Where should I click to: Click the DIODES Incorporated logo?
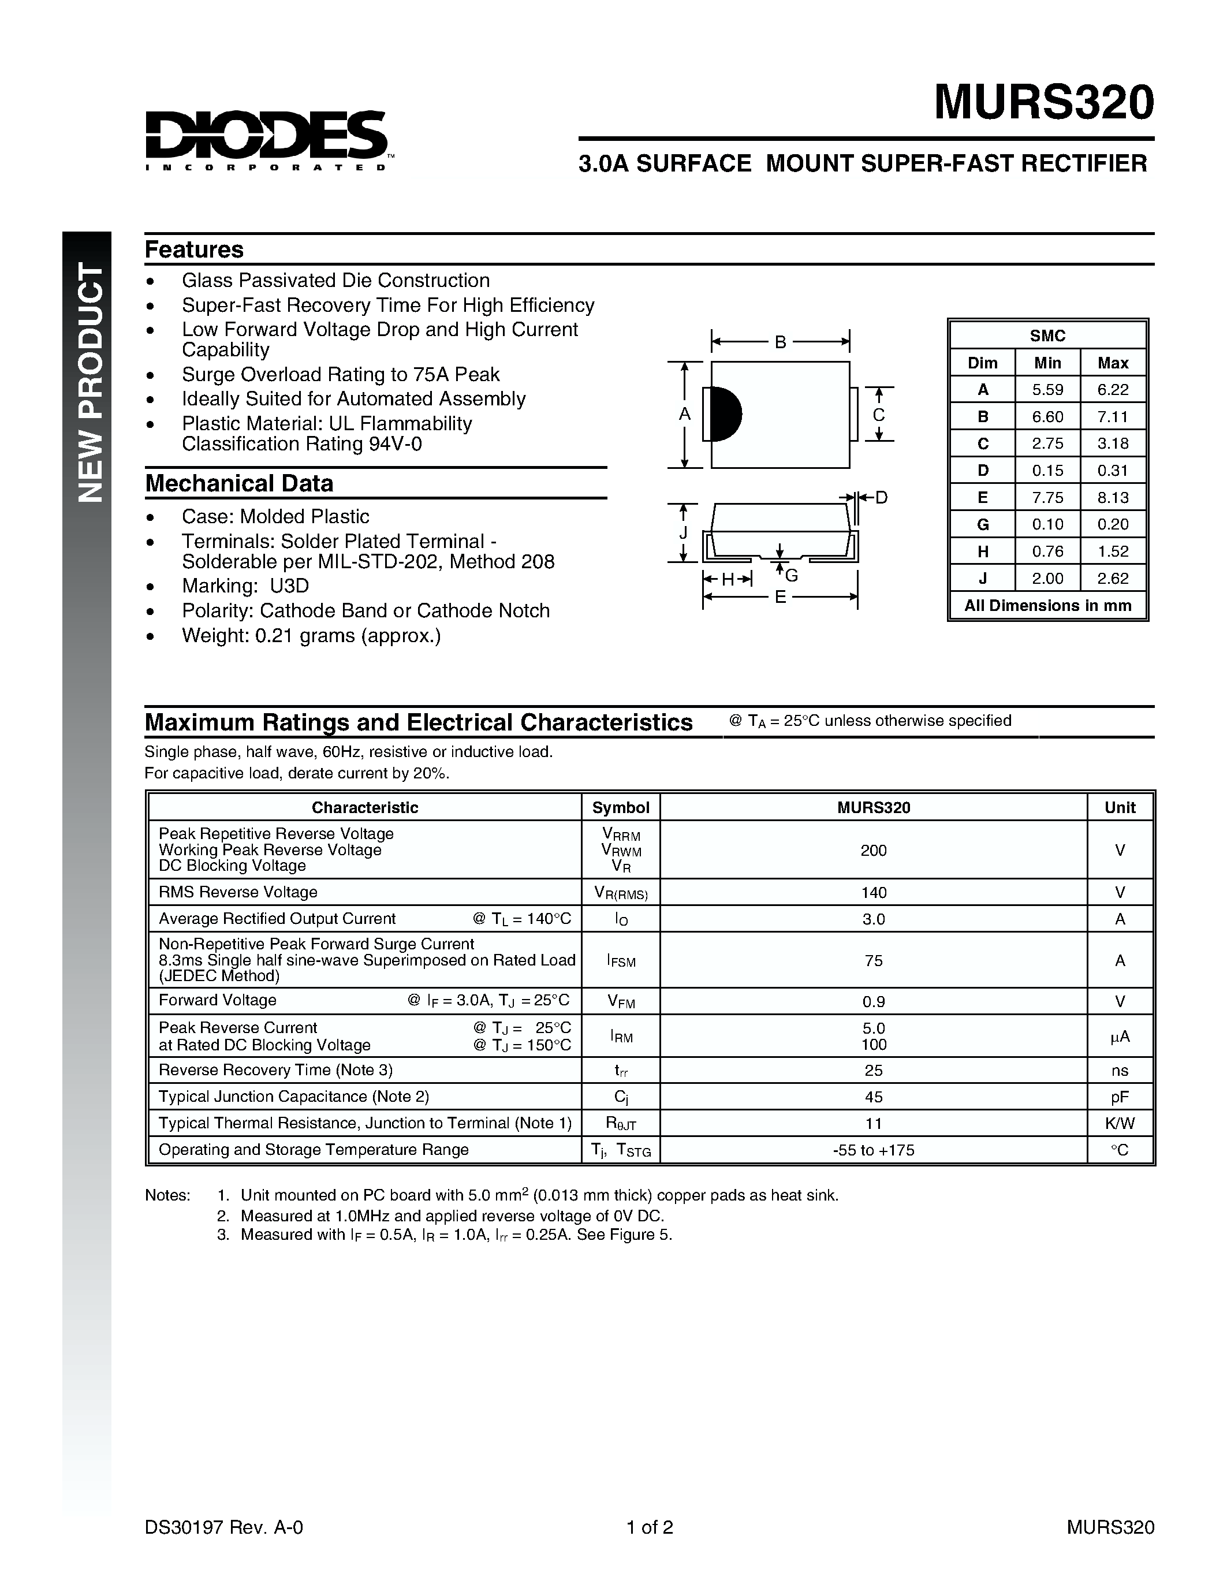(x=266, y=140)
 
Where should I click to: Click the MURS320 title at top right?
(x=1043, y=103)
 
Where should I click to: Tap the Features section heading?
(x=194, y=249)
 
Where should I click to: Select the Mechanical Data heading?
(x=239, y=483)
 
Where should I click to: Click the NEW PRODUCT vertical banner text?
(x=91, y=382)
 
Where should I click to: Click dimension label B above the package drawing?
(x=780, y=342)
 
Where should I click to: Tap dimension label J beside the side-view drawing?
(x=683, y=533)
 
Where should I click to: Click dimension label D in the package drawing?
(x=881, y=498)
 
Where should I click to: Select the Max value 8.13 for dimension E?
(x=1113, y=497)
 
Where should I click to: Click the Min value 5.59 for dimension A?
(x=1047, y=390)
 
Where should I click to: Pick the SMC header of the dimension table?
(x=1047, y=336)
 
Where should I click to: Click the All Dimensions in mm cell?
(x=1047, y=606)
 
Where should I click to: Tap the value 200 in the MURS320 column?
(x=873, y=851)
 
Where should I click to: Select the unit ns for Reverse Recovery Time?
(x=1120, y=1070)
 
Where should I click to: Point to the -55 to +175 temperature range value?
(x=873, y=1150)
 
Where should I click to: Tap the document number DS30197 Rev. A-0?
(x=224, y=1527)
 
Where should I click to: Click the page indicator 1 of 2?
(x=650, y=1527)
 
